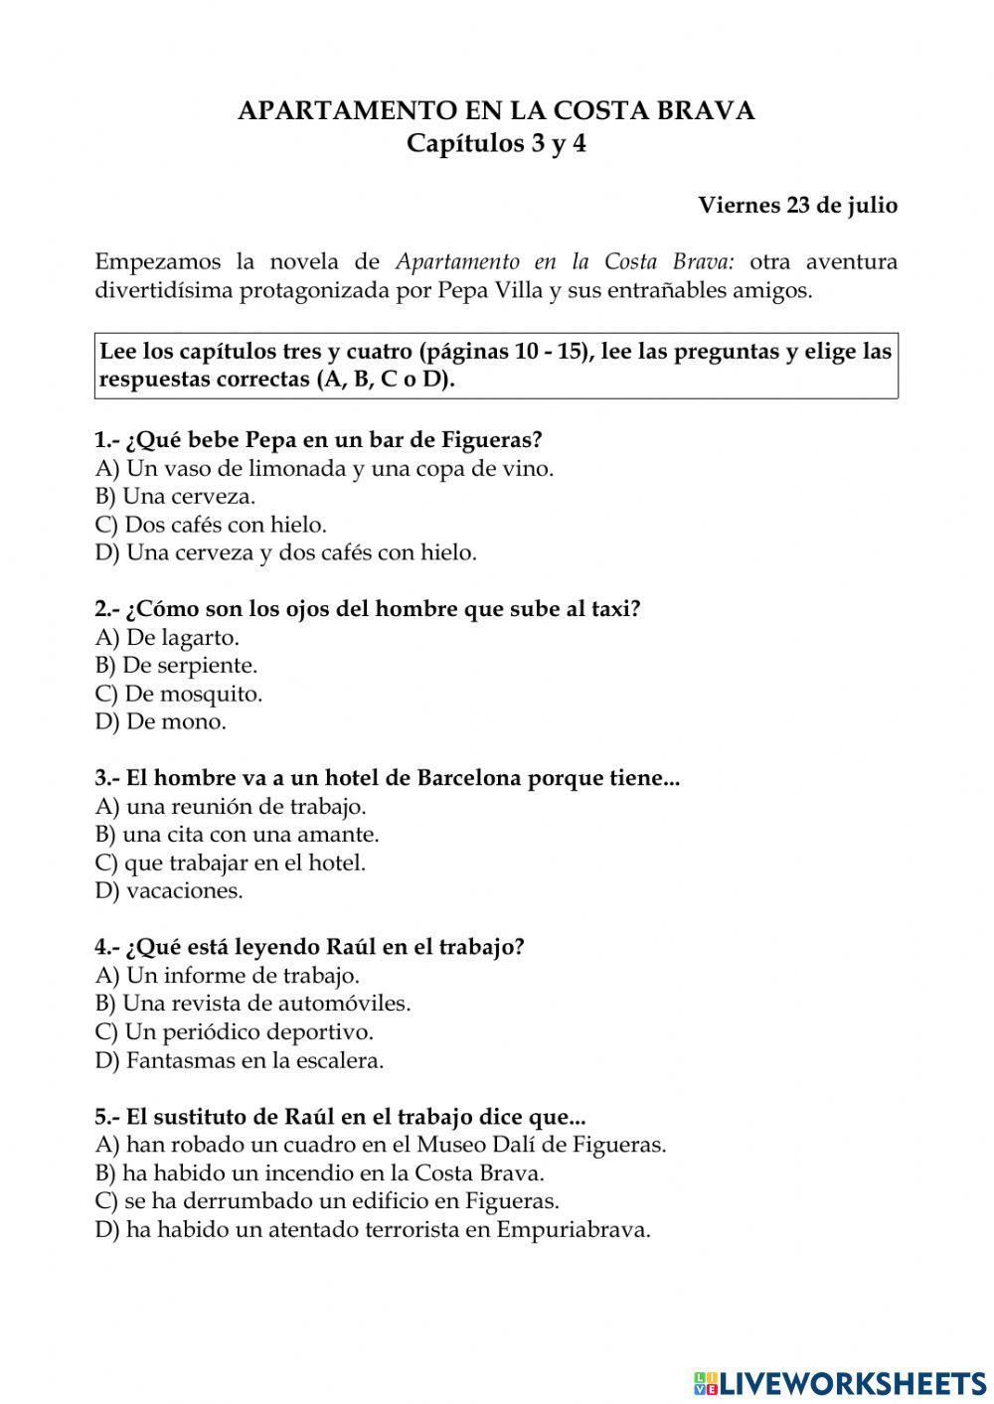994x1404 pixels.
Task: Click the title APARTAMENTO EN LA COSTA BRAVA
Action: [x=496, y=110]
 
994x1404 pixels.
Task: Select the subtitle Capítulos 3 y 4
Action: [x=496, y=143]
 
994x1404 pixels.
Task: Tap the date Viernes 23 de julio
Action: [x=797, y=206]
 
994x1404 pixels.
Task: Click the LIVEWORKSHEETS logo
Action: [x=839, y=1382]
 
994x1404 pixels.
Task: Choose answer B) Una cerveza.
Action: [x=175, y=496]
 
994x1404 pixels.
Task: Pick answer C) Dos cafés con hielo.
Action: [x=211, y=524]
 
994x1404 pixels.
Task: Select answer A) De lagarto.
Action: [x=167, y=637]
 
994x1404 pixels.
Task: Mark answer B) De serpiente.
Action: [x=176, y=665]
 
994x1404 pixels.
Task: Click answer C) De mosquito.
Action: [x=179, y=694]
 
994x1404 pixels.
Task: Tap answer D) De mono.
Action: [x=161, y=721]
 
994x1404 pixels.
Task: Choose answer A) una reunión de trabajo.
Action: [x=231, y=806]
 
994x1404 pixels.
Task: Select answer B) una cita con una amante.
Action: [x=238, y=835]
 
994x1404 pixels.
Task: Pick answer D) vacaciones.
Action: [x=169, y=890]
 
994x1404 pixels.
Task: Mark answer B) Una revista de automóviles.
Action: [x=252, y=1004]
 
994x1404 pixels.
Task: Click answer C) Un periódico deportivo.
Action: [x=235, y=1031]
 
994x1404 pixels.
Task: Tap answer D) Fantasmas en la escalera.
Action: [x=240, y=1060]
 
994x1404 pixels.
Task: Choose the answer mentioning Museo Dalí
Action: [x=381, y=1145]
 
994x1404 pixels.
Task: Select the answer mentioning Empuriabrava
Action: [x=373, y=1229]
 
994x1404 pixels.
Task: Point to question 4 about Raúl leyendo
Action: [x=309, y=947]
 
